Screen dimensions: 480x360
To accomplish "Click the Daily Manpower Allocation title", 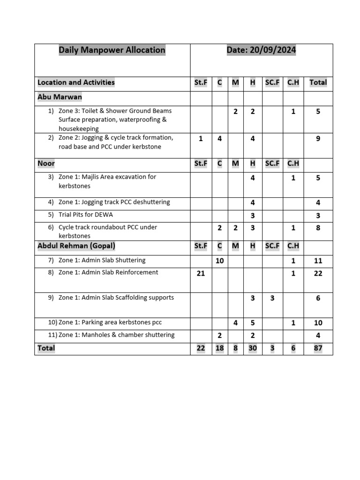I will tap(112, 50).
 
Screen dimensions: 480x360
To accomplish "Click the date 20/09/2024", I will tap(261, 50).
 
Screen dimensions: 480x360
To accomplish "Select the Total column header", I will tap(318, 82).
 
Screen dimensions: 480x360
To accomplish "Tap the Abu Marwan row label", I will tap(60, 97).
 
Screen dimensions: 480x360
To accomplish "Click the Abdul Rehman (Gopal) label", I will tap(76, 246).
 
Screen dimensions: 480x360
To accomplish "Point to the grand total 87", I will tap(318, 348).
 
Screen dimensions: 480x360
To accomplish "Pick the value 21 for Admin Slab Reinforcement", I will tap(201, 273).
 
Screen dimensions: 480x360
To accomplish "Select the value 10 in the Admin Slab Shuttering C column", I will tap(219, 261).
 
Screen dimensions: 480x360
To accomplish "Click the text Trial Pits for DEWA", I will tap(86, 215).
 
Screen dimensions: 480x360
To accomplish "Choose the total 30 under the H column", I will tap(253, 348).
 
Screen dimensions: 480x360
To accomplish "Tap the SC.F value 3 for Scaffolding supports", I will tap(272, 298).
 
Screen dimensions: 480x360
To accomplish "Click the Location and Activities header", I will tap(76, 82).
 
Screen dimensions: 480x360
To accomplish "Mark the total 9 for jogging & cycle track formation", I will tap(318, 139).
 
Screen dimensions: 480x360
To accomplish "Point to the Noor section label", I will tap(46, 164).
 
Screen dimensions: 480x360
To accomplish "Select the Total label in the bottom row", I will tap(46, 348).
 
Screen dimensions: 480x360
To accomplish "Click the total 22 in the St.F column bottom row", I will tap(201, 348).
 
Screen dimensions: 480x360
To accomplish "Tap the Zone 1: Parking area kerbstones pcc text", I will tap(110, 322).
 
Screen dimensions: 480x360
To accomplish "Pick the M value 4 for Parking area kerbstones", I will tap(235, 323).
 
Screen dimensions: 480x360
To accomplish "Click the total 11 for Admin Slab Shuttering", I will tap(318, 261).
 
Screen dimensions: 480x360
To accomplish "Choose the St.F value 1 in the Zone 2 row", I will tap(201, 139).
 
